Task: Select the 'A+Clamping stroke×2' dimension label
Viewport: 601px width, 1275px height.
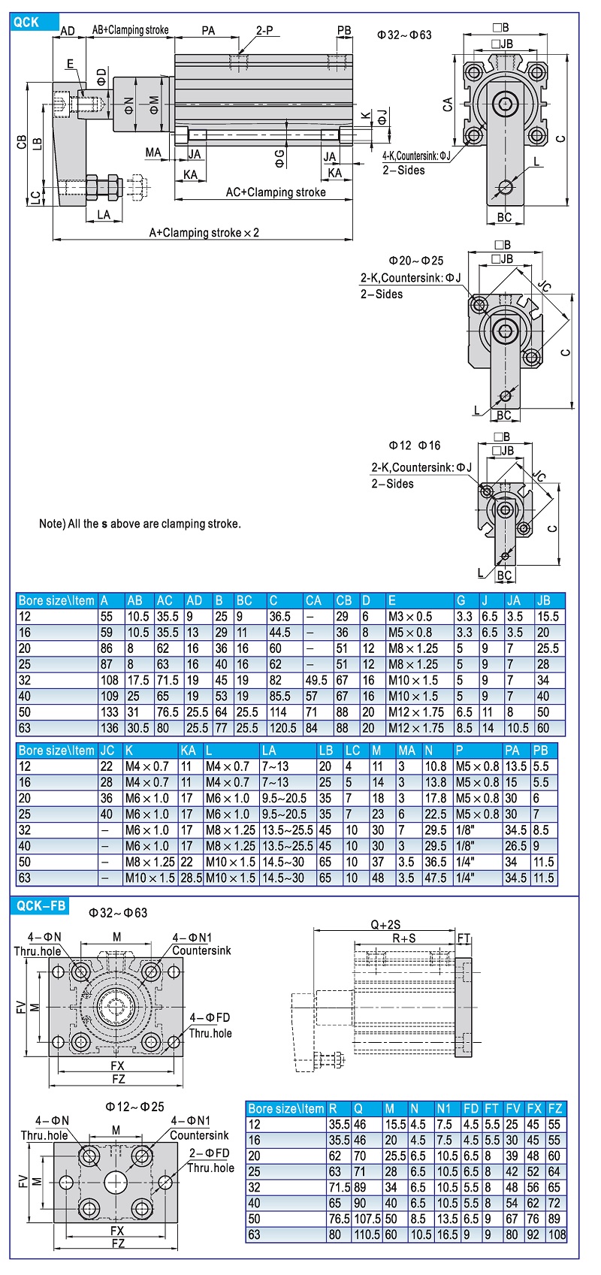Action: pyautogui.click(x=204, y=233)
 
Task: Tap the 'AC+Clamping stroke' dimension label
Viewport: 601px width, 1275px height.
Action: pyautogui.click(x=276, y=192)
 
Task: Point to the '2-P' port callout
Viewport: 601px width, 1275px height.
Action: pyautogui.click(x=264, y=31)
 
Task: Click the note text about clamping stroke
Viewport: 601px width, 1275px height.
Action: pyautogui.click(x=140, y=524)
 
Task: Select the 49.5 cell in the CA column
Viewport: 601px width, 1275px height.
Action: pyautogui.click(x=316, y=680)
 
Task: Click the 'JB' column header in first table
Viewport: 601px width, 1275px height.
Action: pyautogui.click(x=544, y=600)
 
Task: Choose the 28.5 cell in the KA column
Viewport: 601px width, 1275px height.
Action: pyautogui.click(x=191, y=878)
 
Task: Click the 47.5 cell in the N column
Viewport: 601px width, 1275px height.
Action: pyautogui.click(x=435, y=878)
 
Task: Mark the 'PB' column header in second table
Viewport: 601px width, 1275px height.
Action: pyautogui.click(x=541, y=750)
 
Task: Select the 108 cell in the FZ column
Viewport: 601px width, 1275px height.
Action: pyautogui.click(x=557, y=1234)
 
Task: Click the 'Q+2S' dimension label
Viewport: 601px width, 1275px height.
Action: pyautogui.click(x=385, y=925)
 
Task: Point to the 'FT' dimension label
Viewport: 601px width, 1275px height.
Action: pyautogui.click(x=464, y=938)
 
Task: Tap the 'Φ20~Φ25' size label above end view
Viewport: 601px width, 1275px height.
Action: pyautogui.click(x=415, y=261)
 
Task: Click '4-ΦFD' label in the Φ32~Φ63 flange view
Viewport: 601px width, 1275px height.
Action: pyautogui.click(x=210, y=1017)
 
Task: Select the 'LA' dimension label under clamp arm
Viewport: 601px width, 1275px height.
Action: pyautogui.click(x=104, y=215)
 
